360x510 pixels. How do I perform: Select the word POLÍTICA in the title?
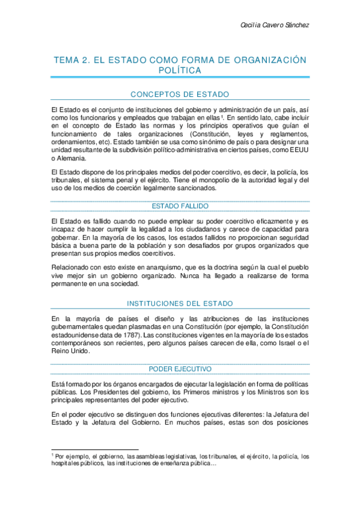pos(180,70)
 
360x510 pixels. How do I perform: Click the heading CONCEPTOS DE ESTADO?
pos(180,94)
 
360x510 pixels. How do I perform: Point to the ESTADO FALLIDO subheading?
pos(180,206)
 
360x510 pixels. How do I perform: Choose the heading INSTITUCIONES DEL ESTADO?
pos(180,303)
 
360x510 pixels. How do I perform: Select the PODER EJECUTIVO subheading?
pos(180,369)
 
